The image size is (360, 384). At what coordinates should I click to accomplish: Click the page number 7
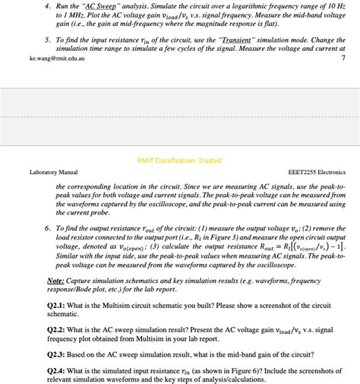coord(343,58)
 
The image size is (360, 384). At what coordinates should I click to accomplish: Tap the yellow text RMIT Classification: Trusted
coord(179,160)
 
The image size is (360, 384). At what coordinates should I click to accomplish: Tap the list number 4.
coord(47,5)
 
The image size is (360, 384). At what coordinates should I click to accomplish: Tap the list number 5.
coord(47,39)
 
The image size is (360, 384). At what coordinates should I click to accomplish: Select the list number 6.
coord(47,227)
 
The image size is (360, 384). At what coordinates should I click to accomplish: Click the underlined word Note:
coord(55,281)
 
